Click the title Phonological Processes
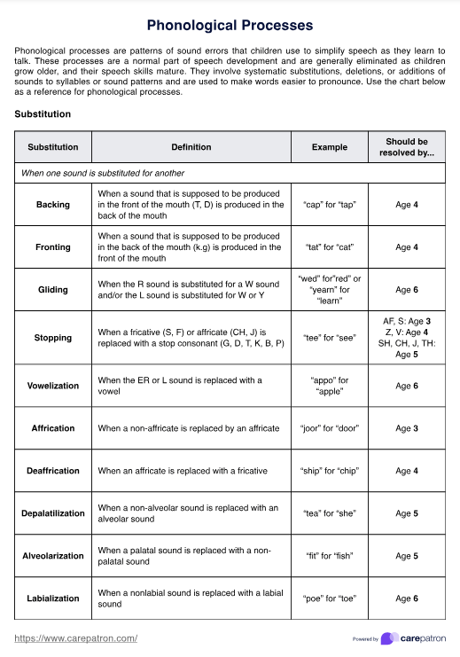230,26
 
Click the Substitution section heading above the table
43,114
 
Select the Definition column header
191,147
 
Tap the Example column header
329,147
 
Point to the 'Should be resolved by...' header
407,147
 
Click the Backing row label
53,205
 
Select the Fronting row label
53,247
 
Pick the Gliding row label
53,290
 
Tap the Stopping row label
53,338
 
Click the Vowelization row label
53,386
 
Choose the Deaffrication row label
53,471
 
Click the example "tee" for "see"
329,338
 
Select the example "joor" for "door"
329,428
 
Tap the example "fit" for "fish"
329,556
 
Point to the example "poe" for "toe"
329,598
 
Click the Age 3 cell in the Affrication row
407,428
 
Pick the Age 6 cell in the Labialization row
407,598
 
